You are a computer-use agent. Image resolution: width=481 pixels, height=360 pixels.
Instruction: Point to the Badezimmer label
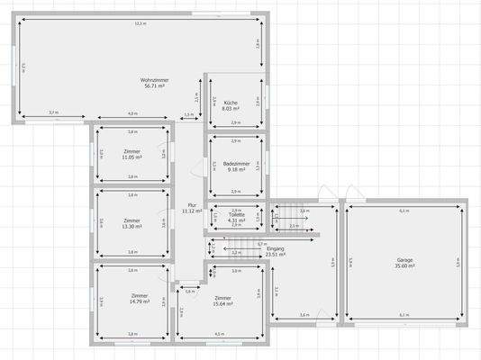coord(236,163)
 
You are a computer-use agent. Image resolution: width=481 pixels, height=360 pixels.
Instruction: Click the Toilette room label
coord(236,214)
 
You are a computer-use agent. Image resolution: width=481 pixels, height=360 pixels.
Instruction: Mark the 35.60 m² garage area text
coord(405,266)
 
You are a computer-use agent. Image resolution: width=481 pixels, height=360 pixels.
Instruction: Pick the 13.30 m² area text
coord(132,226)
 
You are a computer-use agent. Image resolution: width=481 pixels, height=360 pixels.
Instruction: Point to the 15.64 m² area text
coord(222,303)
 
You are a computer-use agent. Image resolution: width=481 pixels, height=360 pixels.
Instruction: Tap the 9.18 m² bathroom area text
coord(236,169)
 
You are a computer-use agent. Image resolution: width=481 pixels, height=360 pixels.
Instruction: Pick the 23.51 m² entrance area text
coord(275,255)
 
